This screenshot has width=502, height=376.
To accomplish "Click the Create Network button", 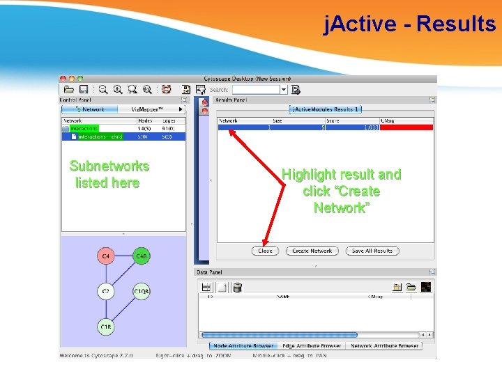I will pyautogui.click(x=312, y=251).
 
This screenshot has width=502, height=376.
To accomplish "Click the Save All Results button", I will pyautogui.click(x=372, y=251).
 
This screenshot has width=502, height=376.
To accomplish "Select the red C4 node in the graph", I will pyautogui.click(x=105, y=257).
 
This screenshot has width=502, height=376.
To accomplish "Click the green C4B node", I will pyautogui.click(x=141, y=257).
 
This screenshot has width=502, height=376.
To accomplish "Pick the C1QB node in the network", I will pyautogui.click(x=141, y=292).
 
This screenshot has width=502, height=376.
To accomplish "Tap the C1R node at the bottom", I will pyautogui.click(x=105, y=327).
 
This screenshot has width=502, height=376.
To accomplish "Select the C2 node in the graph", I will pyautogui.click(x=105, y=292).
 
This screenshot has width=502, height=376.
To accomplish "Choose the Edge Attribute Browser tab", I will pyautogui.click(x=311, y=345).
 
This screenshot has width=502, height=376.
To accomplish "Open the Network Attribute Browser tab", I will pyautogui.click(x=384, y=345).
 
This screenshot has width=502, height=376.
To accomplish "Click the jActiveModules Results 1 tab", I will pyautogui.click(x=325, y=109).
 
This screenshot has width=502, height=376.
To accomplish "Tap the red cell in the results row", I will pyautogui.click(x=406, y=127).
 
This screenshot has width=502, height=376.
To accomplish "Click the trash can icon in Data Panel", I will pyautogui.click(x=237, y=287).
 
